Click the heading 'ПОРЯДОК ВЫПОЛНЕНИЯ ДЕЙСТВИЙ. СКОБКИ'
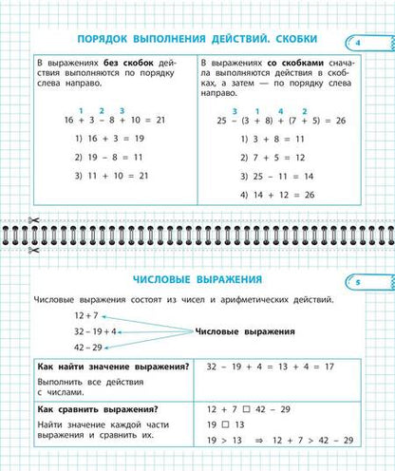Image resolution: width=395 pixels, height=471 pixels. pos(197,40)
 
